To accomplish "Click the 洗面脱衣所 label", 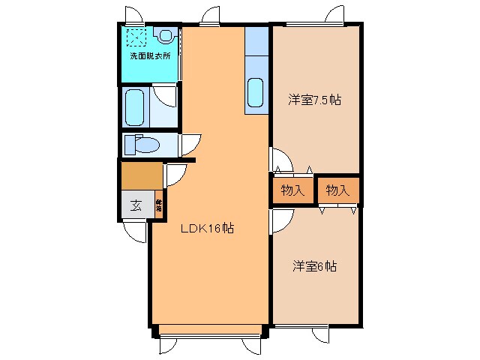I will [x=150, y=56].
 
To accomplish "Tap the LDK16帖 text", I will [x=208, y=229].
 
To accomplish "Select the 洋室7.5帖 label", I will [x=315, y=100].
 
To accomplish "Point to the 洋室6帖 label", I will [x=314, y=266].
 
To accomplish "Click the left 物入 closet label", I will [x=292, y=191].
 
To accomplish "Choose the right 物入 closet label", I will [x=338, y=191].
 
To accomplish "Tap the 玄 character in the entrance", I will [x=136, y=205].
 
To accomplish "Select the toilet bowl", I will [x=140, y=144].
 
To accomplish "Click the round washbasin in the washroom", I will [x=166, y=34].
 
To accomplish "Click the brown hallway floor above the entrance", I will [x=141, y=175].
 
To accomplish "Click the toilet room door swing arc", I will [x=188, y=142].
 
